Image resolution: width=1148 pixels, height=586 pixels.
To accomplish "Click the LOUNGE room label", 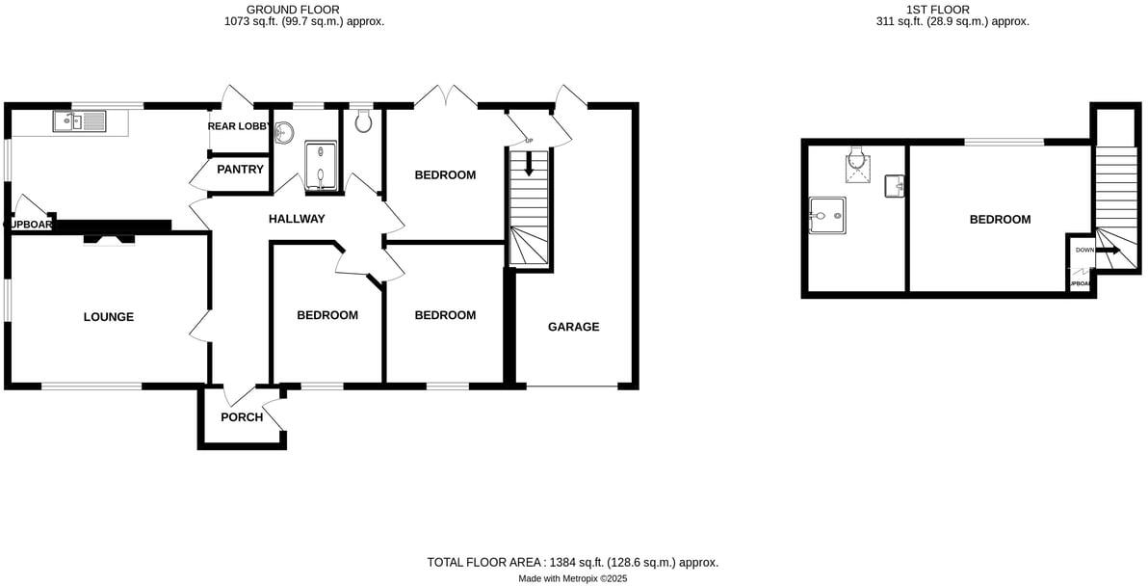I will tap(108, 317).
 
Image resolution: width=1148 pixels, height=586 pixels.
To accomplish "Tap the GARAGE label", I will tap(573, 327).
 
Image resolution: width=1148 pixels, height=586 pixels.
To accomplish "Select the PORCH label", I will tap(242, 417).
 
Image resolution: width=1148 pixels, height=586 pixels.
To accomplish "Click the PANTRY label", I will tap(240, 170).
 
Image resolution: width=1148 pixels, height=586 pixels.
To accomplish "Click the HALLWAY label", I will tap(297, 220).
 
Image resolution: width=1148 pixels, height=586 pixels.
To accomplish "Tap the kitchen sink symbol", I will tap(81, 121).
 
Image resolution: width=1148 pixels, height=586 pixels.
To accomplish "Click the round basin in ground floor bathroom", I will tap(286, 132).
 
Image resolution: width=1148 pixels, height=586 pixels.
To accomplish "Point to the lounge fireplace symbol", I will tap(108, 238).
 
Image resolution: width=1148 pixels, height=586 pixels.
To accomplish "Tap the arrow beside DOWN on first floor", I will tap(1109, 251).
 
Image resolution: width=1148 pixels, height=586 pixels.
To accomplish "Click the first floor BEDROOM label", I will tap(1000, 220).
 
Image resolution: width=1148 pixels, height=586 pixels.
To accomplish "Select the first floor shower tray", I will tap(827, 215).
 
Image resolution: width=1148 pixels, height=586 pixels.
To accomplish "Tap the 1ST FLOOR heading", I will tap(966, 10).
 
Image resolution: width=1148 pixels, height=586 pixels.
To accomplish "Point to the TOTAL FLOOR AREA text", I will tap(572, 562).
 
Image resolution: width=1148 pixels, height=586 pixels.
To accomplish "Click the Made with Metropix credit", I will tap(572, 578).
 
